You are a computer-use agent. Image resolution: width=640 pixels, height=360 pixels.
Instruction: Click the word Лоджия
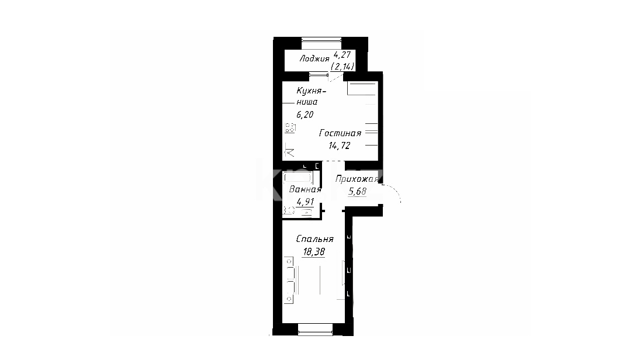click(x=314, y=59)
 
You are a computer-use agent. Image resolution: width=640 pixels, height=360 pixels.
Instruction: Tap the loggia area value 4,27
click(x=342, y=55)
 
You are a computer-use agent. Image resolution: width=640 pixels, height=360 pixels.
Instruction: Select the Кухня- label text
click(x=311, y=91)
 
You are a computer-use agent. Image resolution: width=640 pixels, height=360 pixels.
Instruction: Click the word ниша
click(x=307, y=102)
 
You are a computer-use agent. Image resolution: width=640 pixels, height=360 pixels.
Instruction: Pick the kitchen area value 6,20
click(x=305, y=115)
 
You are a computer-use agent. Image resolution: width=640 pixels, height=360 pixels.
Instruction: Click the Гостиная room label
click(x=340, y=133)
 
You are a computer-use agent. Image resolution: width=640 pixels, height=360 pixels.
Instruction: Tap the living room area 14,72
click(x=340, y=146)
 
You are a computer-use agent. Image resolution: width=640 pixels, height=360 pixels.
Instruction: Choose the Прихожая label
click(x=357, y=179)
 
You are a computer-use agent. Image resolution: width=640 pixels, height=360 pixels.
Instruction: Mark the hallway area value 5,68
click(x=357, y=191)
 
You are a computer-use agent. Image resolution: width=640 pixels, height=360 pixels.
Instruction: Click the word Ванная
click(x=305, y=189)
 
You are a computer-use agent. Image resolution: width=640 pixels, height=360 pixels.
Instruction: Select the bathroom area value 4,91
click(x=305, y=202)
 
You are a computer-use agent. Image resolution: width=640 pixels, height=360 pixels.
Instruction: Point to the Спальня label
click(x=314, y=239)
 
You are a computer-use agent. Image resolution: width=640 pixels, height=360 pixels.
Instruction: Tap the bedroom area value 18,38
click(x=313, y=252)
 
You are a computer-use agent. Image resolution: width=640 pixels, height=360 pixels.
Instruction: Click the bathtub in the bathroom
click(x=298, y=178)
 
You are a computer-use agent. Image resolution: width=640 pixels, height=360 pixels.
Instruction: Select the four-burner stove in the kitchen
click(x=290, y=128)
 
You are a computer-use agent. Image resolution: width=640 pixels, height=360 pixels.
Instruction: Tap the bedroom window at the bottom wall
click(x=315, y=330)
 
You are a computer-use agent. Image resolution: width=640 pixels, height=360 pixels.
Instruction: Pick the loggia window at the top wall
click(x=321, y=40)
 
